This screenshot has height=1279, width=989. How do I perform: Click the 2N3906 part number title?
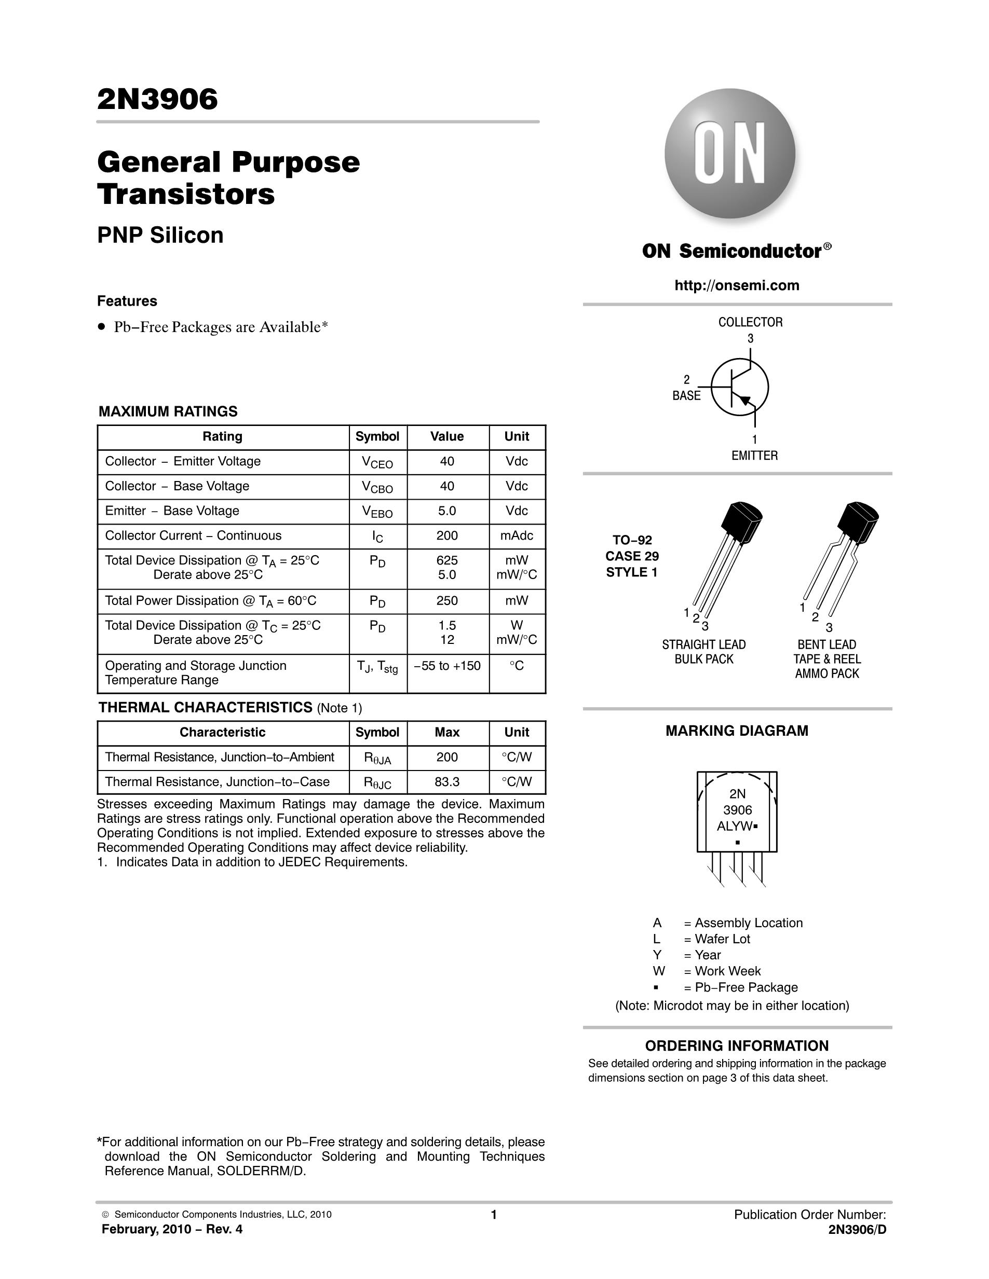[x=157, y=99]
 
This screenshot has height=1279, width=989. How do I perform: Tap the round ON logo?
[x=730, y=154]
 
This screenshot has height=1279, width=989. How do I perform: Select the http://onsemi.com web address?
[x=737, y=285]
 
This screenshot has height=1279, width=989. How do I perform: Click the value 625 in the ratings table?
[x=447, y=560]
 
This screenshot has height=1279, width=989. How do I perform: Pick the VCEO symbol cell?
[x=377, y=463]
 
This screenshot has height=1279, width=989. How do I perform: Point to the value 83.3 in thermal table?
[x=447, y=782]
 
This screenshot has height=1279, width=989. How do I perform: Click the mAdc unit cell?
[x=516, y=536]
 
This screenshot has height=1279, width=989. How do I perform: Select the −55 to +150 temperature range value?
[x=447, y=666]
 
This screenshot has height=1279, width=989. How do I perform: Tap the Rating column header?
[x=222, y=436]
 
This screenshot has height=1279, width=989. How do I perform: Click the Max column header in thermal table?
[x=447, y=732]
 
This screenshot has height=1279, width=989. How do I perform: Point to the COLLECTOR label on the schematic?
[x=751, y=322]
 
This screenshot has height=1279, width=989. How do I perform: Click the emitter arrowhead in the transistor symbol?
[x=744, y=401]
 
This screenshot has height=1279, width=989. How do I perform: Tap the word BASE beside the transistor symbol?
[x=686, y=396]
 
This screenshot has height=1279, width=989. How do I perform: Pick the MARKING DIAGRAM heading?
[x=737, y=731]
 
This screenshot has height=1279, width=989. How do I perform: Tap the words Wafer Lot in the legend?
[x=723, y=939]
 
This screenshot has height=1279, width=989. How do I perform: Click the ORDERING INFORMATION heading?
[x=737, y=1046]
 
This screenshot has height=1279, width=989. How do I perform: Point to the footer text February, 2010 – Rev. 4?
[x=172, y=1229]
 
